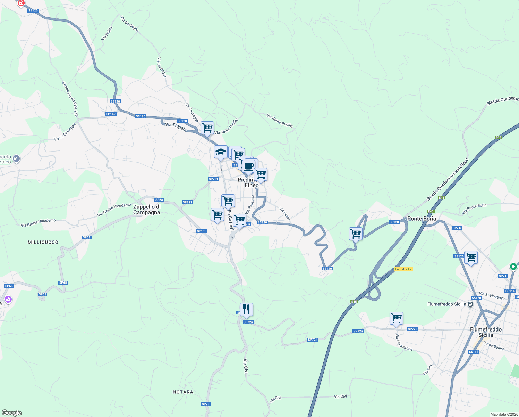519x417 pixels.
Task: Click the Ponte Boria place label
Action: click(422, 219)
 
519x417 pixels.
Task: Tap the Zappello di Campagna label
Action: click(147, 210)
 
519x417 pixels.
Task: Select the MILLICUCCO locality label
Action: click(43, 242)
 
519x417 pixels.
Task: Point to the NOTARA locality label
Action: click(183, 392)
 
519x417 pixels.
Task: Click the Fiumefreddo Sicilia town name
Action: click(486, 332)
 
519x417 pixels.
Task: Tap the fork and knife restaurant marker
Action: click(246, 310)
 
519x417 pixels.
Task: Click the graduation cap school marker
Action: click(221, 152)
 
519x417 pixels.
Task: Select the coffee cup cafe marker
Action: click(249, 166)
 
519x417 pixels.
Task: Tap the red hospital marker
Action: click(21, 3)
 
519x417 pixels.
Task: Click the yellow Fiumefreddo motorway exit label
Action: click(403, 269)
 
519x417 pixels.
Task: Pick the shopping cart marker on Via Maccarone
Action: click(396, 318)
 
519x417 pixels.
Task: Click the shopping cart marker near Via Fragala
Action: click(207, 128)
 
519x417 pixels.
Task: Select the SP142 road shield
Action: click(111, 114)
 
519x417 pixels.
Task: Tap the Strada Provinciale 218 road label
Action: click(70, 99)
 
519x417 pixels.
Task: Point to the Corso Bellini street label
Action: click(493, 346)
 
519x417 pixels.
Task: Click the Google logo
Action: click(11, 412)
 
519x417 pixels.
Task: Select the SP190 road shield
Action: click(202, 231)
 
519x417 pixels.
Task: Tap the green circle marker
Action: click(513, 267)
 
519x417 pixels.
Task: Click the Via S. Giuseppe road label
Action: click(65, 132)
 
